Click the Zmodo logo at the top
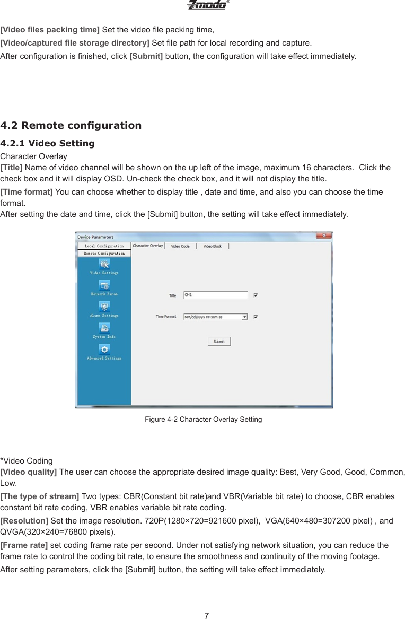point(206,5)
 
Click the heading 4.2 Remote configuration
point(71,126)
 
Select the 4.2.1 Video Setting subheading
point(47,143)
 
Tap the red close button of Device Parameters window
point(324,236)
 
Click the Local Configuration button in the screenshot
point(104,246)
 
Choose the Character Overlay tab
point(148,246)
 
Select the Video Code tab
point(180,246)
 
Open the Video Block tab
point(213,246)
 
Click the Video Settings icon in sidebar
point(104,264)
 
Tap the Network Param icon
point(104,285)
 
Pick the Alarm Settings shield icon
point(104,307)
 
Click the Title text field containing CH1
point(215,295)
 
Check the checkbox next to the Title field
point(256,295)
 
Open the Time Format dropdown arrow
point(244,317)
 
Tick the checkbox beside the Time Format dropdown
point(256,317)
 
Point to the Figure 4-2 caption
point(203,420)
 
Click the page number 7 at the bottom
point(206,615)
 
